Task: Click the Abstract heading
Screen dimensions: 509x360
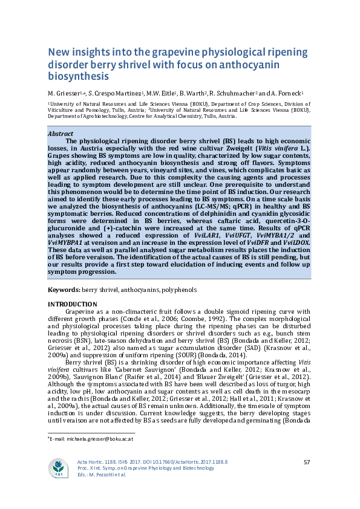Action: tap(61, 134)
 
